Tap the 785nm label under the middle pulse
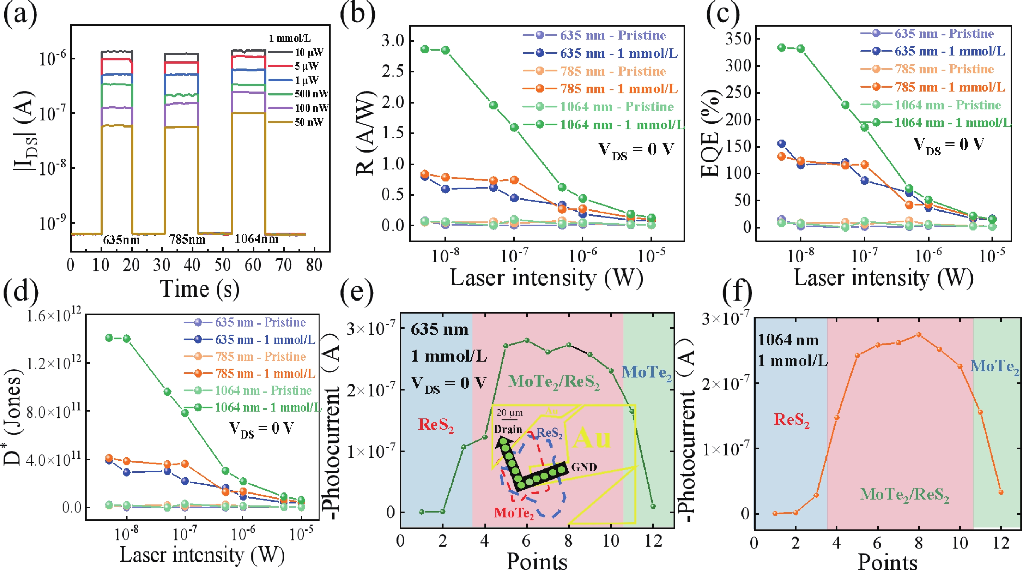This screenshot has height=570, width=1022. (x=187, y=239)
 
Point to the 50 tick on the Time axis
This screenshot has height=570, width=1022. (x=223, y=265)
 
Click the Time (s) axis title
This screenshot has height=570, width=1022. (x=200, y=289)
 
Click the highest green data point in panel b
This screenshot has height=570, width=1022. (x=425, y=49)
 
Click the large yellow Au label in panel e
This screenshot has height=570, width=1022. (x=592, y=438)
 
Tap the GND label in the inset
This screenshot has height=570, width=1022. (x=584, y=467)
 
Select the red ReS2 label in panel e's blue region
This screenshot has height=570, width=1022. (x=436, y=425)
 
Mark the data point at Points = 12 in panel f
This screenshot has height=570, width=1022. (x=1001, y=492)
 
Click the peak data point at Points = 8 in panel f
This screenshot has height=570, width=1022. (x=919, y=335)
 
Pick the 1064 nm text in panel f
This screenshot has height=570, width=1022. (x=788, y=340)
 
